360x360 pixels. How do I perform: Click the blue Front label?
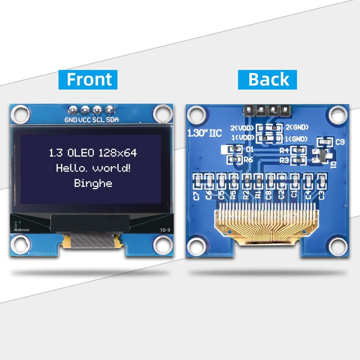tap(89, 79)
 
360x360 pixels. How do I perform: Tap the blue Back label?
tap(269, 79)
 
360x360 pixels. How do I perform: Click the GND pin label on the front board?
tap(71, 120)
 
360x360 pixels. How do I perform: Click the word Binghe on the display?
tap(93, 183)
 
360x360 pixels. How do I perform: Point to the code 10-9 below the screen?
tap(165, 230)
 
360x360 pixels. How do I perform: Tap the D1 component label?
tap(250, 148)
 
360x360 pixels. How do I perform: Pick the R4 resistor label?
tap(283, 150)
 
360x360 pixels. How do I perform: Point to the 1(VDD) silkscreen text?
tap(243, 137)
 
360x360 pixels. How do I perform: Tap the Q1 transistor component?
tap(321, 155)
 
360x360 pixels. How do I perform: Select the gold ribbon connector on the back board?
tap(265, 220)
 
